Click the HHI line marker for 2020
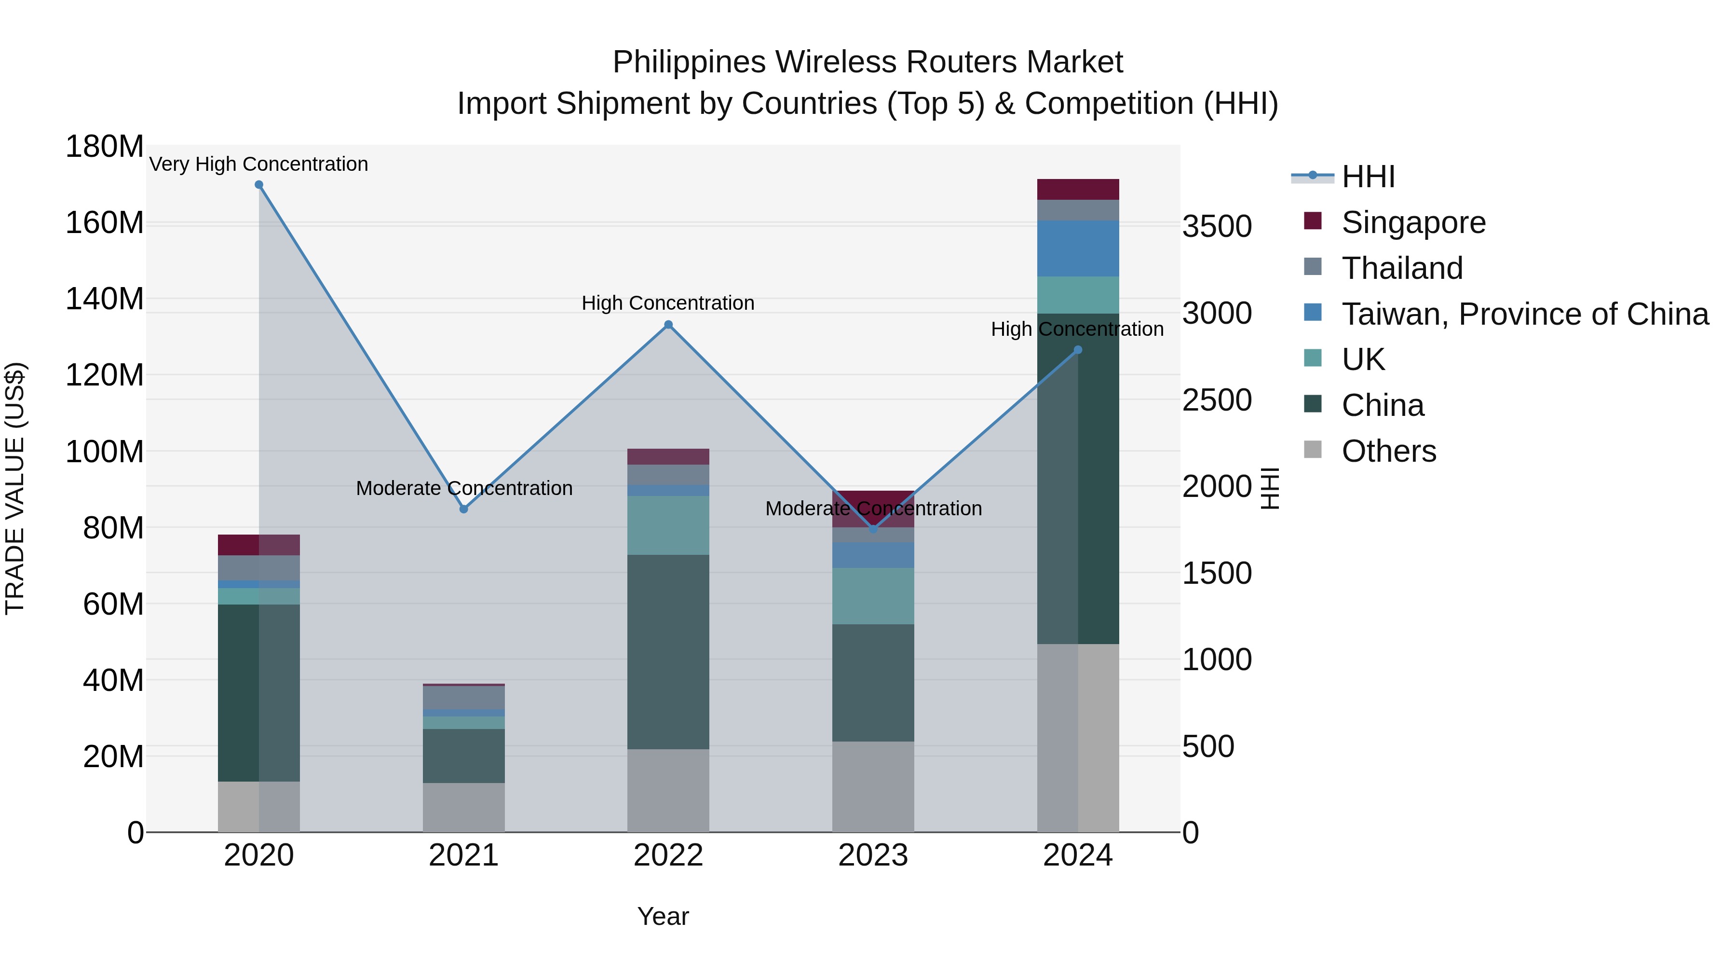pyautogui.click(x=259, y=185)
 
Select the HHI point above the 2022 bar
pyautogui.click(x=668, y=324)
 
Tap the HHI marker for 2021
pyautogui.click(x=463, y=509)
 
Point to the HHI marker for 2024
pyautogui.click(x=1078, y=350)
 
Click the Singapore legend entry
pyautogui.click(x=1413, y=222)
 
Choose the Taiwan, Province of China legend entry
pyautogui.click(x=1524, y=314)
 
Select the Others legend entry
pyautogui.click(x=1388, y=451)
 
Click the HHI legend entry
pyautogui.click(x=1368, y=177)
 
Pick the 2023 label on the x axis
pyautogui.click(x=873, y=855)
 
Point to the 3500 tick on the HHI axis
pyautogui.click(x=1217, y=227)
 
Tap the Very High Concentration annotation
pyautogui.click(x=259, y=164)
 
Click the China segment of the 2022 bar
pyautogui.click(x=668, y=651)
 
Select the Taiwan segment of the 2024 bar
pyautogui.click(x=1078, y=248)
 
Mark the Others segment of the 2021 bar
pyautogui.click(x=463, y=807)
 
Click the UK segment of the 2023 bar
pyautogui.click(x=873, y=596)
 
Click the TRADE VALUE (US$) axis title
pyautogui.click(x=15, y=488)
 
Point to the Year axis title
pyautogui.click(x=663, y=916)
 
